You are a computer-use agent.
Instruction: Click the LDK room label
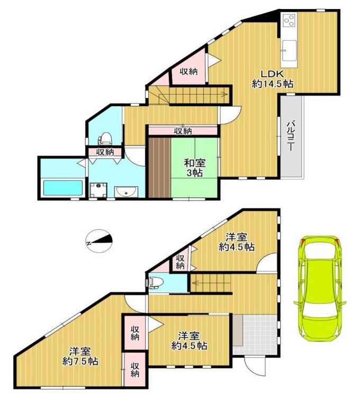[x=273, y=79]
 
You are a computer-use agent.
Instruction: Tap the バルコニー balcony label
[x=291, y=136]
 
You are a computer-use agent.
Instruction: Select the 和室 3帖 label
[x=195, y=168]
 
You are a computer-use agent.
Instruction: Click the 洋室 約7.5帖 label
[x=80, y=356]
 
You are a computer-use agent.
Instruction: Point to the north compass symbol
[x=99, y=241]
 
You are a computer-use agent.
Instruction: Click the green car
[x=320, y=288]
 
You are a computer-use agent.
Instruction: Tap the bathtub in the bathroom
[x=63, y=188]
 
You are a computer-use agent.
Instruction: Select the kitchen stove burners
[x=289, y=20]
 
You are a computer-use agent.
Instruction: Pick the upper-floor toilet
[x=105, y=138]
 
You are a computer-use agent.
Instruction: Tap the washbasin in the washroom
[x=126, y=192]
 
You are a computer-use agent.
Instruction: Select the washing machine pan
[x=98, y=190]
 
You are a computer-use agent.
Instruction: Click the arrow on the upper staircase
[x=193, y=95]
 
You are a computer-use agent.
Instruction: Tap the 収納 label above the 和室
[x=183, y=131]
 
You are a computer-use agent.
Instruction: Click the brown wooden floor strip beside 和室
[x=159, y=168]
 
